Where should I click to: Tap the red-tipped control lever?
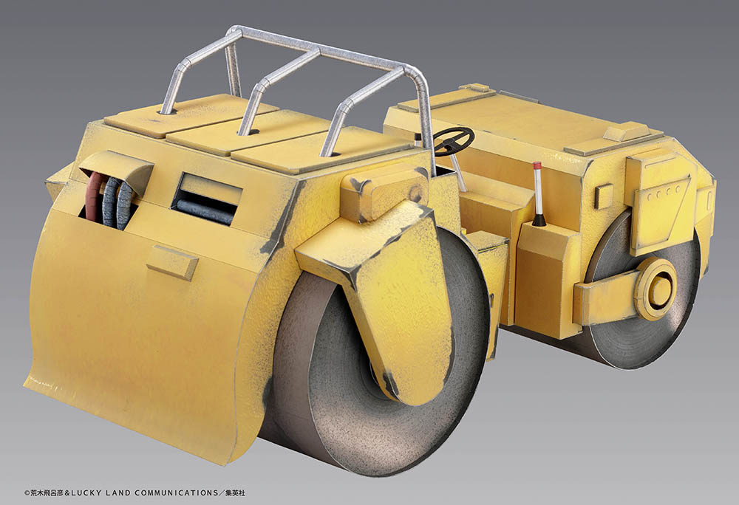(538, 193)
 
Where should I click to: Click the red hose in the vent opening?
(95, 196)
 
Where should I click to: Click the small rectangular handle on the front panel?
(172, 263)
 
